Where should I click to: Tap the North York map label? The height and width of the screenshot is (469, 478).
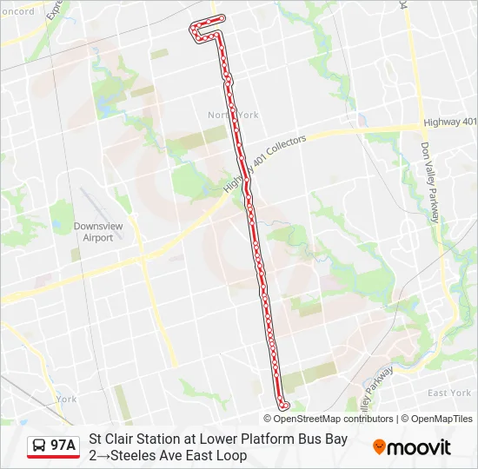(233, 115)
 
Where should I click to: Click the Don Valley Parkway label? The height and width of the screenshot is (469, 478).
(434, 183)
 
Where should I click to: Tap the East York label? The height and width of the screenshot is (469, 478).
(449, 393)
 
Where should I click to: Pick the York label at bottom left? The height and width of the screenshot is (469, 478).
(66, 400)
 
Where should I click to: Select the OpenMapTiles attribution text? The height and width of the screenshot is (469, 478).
(441, 419)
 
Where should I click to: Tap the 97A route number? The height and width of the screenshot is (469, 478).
(63, 446)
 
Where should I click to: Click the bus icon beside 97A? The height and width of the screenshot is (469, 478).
(40, 446)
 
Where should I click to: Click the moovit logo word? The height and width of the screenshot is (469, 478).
(419, 447)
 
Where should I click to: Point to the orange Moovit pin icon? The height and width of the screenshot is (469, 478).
(379, 446)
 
